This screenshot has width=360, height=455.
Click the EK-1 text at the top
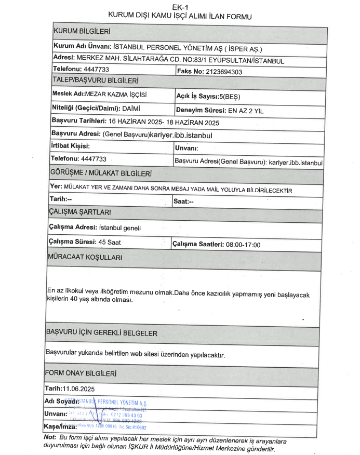(179, 7)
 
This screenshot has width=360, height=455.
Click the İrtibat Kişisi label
(70, 146)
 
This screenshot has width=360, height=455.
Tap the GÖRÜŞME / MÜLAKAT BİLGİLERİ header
(100, 172)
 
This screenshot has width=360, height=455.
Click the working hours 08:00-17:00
(243, 245)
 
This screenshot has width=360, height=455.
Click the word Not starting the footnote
(50, 438)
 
